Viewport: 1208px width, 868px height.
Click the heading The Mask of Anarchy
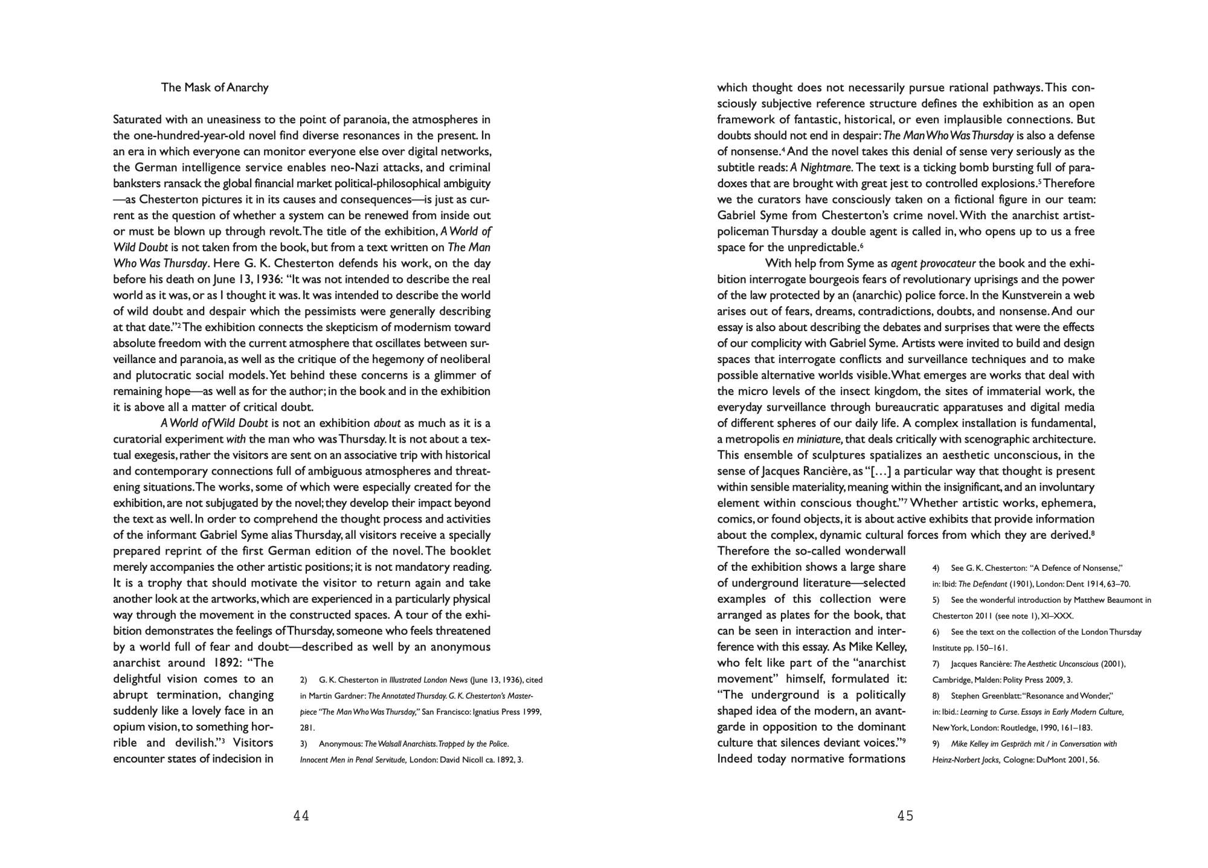214,88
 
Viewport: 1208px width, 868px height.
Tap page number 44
301,816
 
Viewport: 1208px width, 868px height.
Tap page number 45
905,816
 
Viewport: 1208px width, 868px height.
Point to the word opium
130,727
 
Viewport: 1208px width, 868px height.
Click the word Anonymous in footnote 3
340,744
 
